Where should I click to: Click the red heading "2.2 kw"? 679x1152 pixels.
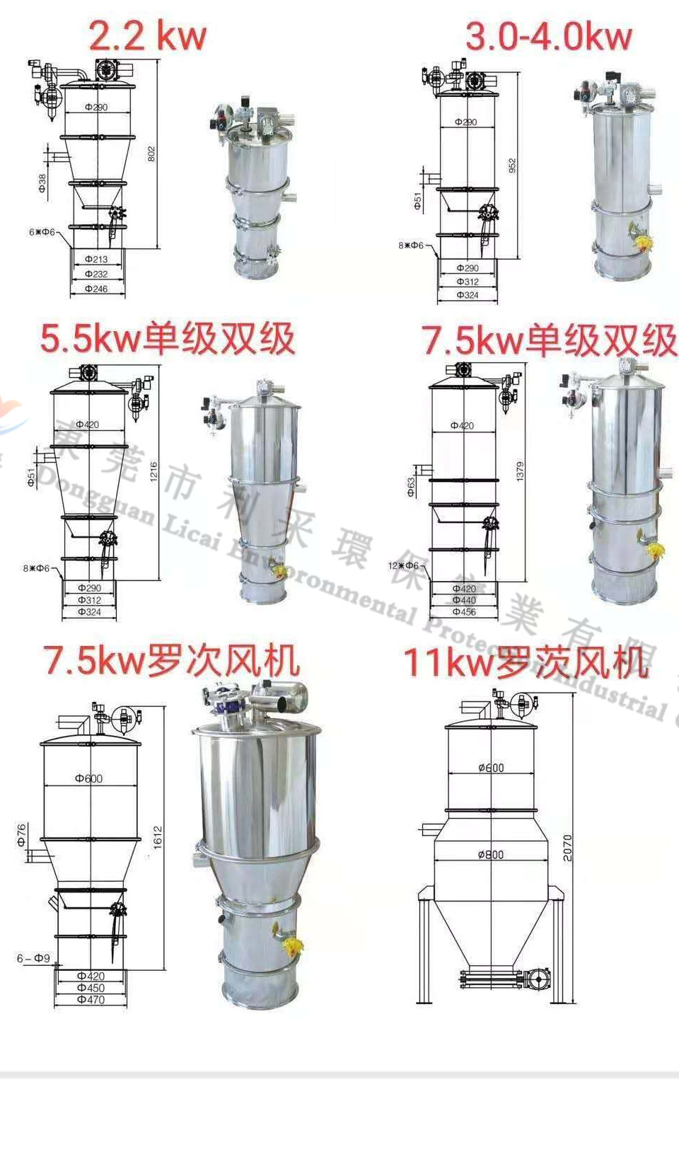point(147,35)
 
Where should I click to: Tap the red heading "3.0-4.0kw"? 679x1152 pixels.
point(548,37)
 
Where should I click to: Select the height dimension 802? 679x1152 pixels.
point(151,154)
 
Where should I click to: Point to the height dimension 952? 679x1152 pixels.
point(512,166)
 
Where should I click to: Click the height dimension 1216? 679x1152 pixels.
point(154,472)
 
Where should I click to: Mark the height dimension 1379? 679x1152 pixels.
point(520,471)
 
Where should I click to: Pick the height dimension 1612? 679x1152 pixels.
point(158,837)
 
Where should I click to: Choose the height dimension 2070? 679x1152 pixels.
point(567,848)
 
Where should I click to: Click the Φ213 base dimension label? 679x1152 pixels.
point(96,260)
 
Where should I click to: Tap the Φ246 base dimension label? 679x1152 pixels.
point(96,289)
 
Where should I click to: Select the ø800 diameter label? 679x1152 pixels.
point(491,855)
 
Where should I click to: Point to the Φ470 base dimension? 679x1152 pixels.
point(91,1000)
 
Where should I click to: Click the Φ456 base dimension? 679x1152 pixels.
point(464,612)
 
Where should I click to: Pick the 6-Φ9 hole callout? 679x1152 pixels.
point(33,959)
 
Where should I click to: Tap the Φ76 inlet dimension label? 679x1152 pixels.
point(22,835)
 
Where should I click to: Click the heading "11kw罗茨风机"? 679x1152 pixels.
point(526,663)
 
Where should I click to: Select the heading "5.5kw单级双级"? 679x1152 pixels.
point(168,338)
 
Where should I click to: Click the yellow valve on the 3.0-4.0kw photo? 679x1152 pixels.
point(643,242)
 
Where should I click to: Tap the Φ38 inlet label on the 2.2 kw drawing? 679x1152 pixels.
point(42,183)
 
